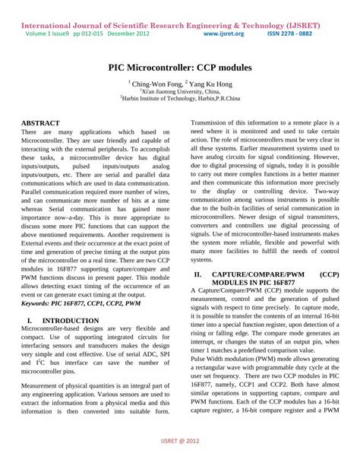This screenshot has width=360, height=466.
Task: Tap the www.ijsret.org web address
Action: coord(224,33)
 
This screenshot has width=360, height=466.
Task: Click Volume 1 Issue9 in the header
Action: coord(47,33)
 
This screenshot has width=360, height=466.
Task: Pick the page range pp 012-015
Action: coord(89,33)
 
